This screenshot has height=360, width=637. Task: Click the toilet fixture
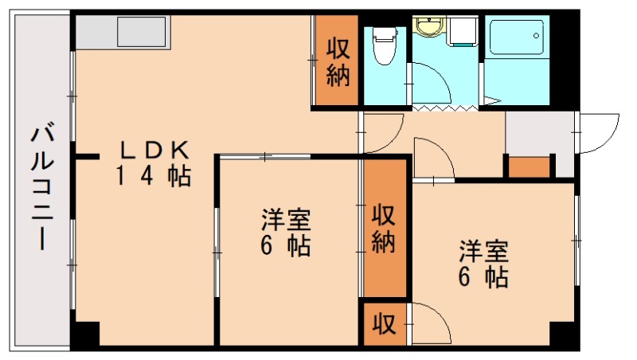[x=385, y=45]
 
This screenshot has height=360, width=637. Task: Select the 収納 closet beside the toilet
[x=338, y=62]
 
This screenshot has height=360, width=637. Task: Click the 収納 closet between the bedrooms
[x=384, y=228]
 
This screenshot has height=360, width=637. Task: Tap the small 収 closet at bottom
[x=383, y=324]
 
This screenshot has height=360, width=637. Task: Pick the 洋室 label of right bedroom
[x=483, y=252]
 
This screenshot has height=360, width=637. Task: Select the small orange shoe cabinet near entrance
[x=530, y=168]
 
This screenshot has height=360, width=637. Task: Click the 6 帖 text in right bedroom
[x=483, y=278]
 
